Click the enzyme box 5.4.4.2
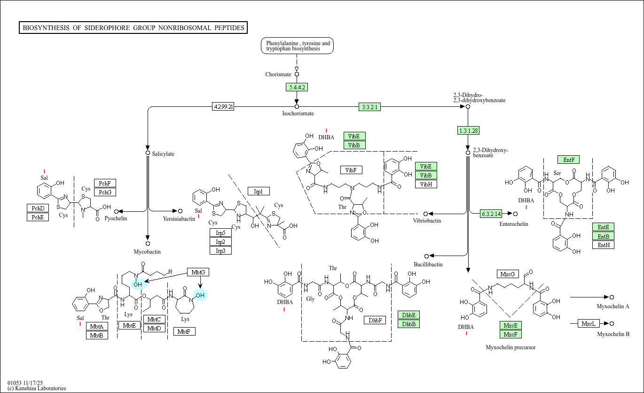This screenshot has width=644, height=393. pos(297,87)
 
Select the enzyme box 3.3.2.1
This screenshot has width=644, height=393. pos(369,107)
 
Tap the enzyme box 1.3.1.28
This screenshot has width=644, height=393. pos(468,130)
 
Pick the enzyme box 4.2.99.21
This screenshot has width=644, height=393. pos(223,107)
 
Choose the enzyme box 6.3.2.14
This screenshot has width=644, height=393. pos(491,214)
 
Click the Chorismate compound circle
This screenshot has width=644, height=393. pos(297,74)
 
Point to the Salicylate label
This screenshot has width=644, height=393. pos(163,154)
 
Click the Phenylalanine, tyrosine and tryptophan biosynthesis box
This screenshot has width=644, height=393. pos(298,46)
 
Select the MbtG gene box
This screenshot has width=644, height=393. pos(198,272)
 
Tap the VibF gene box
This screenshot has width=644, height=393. pos(351,170)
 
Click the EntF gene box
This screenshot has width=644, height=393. pos(568,160)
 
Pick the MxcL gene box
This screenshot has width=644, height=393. pos(589,323)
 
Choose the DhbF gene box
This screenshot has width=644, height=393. pos(375,321)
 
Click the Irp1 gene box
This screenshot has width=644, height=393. pos(259,191)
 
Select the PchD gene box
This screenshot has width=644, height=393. pos(38,208)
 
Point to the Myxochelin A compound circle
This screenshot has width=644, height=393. pos(612,297)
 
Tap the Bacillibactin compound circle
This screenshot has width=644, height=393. pos(426,256)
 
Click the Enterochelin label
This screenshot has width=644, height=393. pos(513,224)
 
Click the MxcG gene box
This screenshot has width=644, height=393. pos(508,274)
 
